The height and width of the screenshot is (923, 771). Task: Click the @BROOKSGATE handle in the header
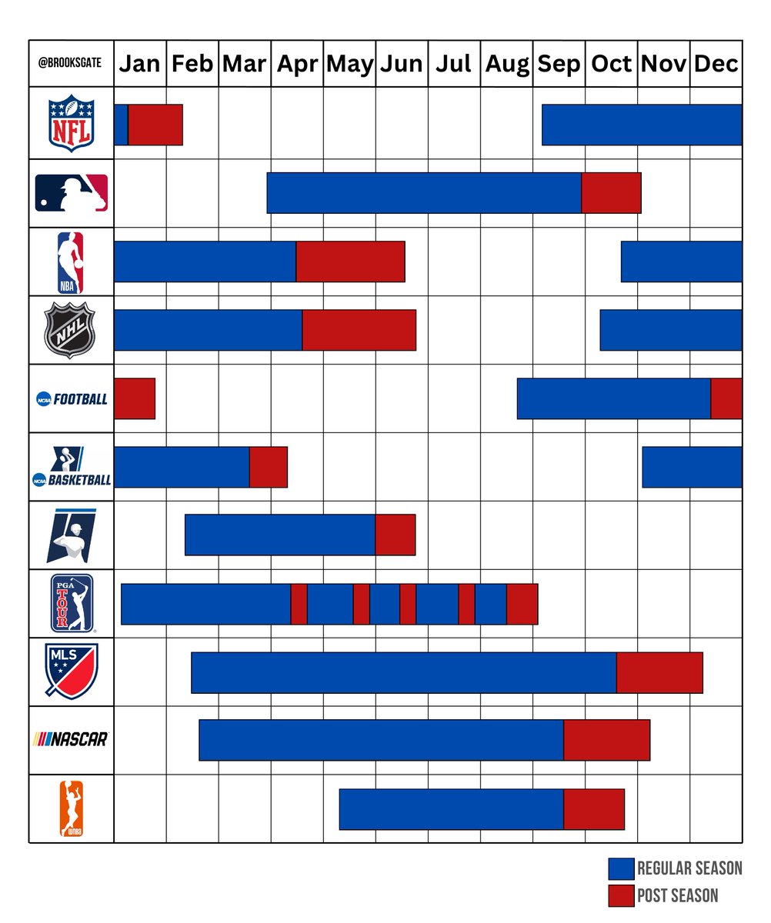click(x=72, y=64)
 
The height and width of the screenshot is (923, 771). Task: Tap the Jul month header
click(x=453, y=64)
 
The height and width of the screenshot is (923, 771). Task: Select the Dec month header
click(x=716, y=64)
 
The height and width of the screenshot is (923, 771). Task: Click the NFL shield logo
click(x=72, y=124)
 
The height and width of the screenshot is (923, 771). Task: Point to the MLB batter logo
click(x=72, y=193)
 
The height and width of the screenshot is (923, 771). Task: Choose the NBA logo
click(x=72, y=262)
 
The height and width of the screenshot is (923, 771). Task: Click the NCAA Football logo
click(x=72, y=399)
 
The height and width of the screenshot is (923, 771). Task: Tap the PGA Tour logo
click(x=72, y=603)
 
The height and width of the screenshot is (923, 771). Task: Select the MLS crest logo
click(x=72, y=671)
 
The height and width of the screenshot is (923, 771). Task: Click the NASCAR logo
click(x=72, y=740)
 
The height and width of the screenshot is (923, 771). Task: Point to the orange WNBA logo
click(x=72, y=808)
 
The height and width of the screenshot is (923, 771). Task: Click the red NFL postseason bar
click(x=155, y=125)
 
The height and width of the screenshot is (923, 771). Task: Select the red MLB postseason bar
click(x=611, y=193)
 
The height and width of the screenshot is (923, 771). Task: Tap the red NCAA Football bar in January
click(x=135, y=398)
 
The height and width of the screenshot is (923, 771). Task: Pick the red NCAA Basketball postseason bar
click(x=269, y=467)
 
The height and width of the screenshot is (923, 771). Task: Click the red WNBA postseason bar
click(x=594, y=809)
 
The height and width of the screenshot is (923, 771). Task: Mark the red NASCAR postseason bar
click(x=607, y=740)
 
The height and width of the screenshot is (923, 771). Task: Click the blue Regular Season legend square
click(x=621, y=869)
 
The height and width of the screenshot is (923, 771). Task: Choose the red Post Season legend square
click(x=621, y=895)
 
